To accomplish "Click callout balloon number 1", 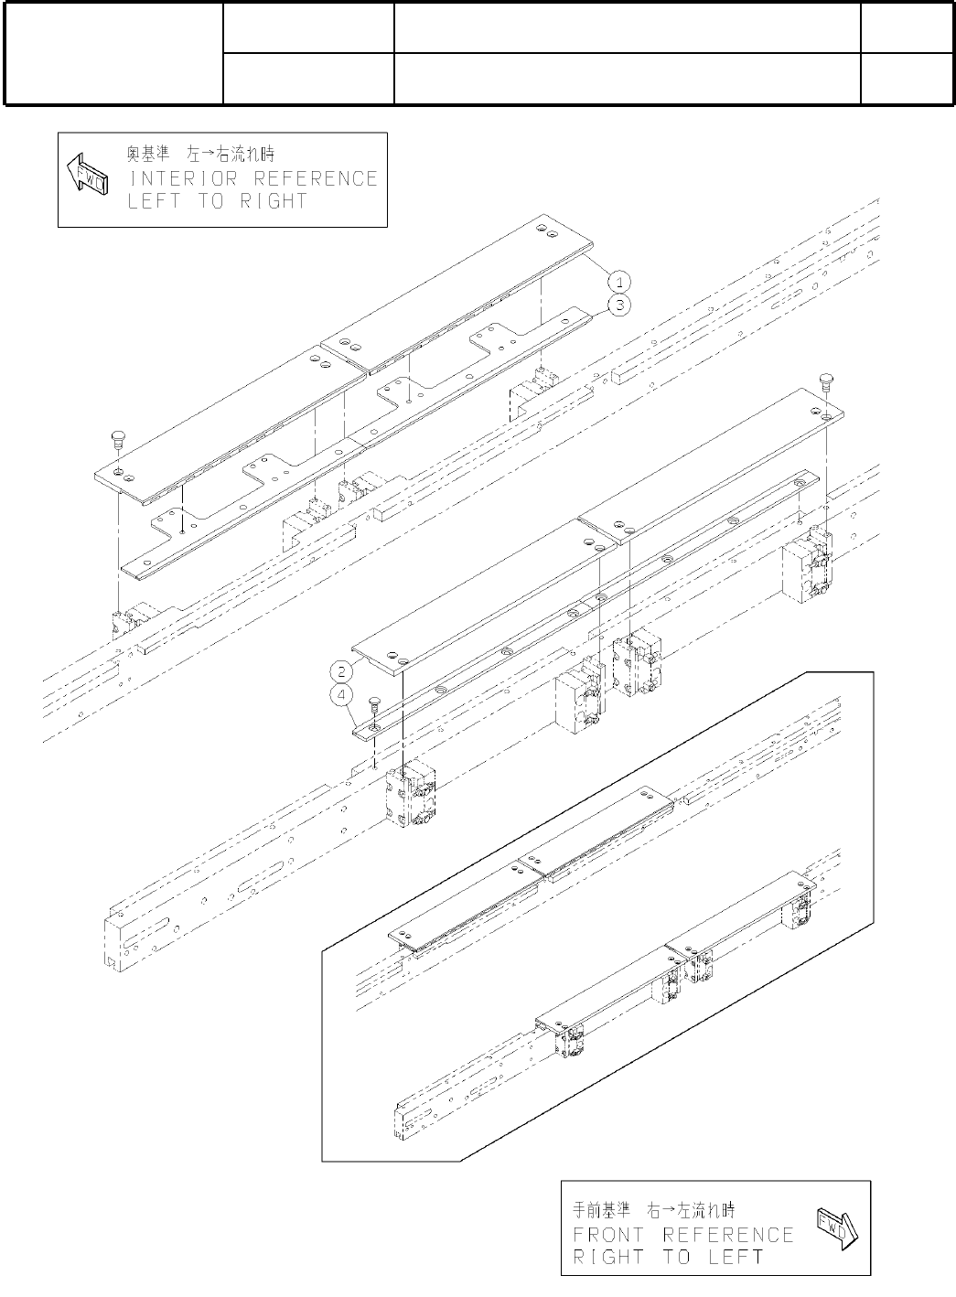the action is pos(619,280).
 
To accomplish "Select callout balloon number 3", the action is pos(619,305).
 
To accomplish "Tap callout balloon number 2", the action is pos(341,671).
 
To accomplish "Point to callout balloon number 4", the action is pos(341,696).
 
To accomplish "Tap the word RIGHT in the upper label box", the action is pos(274,201).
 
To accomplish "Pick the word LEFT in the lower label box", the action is pos(736,1257).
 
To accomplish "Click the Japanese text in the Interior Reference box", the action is pos(199,152).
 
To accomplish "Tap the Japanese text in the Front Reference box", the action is pos(657,1209).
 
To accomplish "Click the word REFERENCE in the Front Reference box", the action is pos(728,1235).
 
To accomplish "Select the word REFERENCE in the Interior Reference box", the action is pos(316,178).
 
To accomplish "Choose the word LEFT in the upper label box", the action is pos(153,201).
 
